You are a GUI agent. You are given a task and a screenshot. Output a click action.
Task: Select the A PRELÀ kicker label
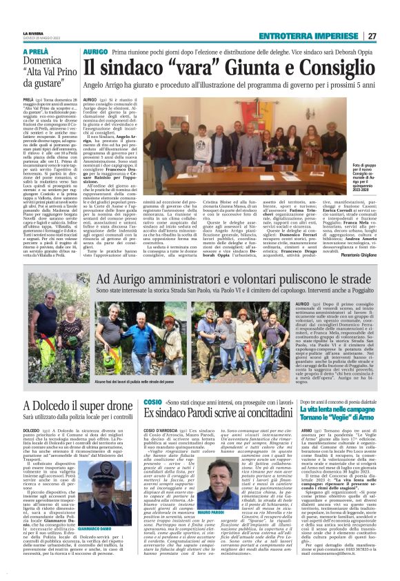click(36, 52)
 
